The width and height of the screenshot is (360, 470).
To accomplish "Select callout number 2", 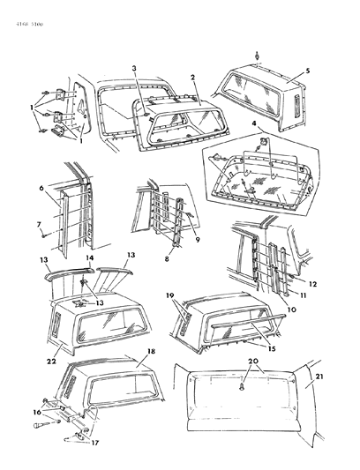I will click(191, 78).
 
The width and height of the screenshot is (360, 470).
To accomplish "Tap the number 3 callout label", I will click(133, 68).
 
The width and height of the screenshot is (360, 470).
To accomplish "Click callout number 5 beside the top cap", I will click(307, 70).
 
